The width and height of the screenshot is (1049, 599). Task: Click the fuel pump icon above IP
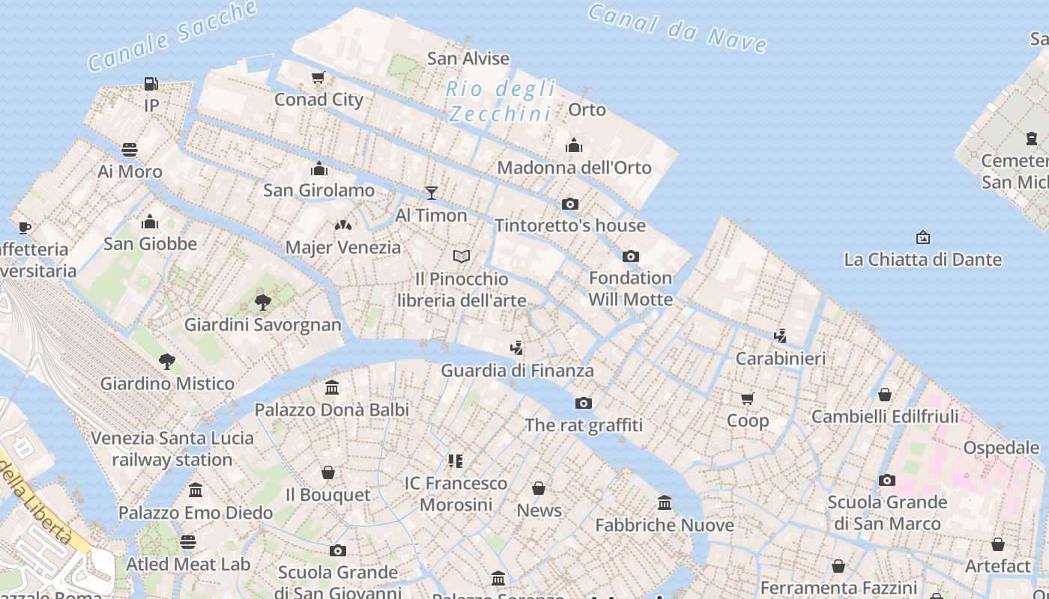(151, 84)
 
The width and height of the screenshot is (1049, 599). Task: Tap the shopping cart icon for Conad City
(318, 78)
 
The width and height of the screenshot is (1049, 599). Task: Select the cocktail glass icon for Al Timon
(431, 193)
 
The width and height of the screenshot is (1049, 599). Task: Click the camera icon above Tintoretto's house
(570, 204)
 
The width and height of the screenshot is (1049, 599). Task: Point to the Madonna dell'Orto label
(574, 167)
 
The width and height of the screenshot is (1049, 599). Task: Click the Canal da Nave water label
(677, 28)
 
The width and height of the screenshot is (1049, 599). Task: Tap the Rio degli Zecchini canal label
(501, 101)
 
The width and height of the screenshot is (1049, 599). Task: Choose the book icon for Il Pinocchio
(462, 257)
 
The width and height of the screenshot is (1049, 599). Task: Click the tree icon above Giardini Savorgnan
(263, 302)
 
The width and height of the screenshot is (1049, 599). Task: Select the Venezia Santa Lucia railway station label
(172, 449)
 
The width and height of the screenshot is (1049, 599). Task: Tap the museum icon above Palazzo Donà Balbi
(332, 387)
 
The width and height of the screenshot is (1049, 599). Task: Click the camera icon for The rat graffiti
(584, 403)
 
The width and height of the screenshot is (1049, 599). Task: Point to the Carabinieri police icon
(780, 336)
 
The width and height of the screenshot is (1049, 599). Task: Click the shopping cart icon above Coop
(747, 398)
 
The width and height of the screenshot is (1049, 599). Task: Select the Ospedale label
(1001, 448)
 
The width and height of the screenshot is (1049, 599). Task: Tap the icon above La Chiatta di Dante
(923, 237)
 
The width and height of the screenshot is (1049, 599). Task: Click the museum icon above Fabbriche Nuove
(665, 502)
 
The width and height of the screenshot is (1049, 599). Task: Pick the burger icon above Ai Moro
(130, 149)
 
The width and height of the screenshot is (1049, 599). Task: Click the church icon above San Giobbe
(150, 222)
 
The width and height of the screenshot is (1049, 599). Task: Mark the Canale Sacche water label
(172, 35)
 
